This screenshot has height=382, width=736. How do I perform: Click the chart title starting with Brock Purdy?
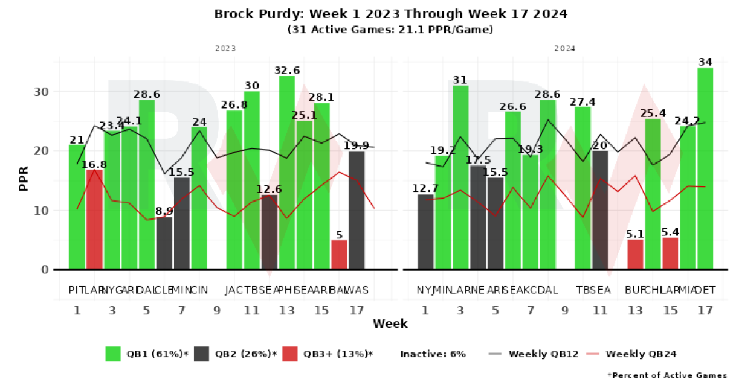click(x=390, y=13)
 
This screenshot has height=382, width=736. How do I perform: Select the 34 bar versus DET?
click(x=705, y=168)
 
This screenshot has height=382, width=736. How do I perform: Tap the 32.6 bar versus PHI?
click(x=286, y=173)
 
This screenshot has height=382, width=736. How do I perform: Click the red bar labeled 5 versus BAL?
click(x=339, y=255)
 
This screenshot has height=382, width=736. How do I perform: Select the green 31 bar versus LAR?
click(x=460, y=177)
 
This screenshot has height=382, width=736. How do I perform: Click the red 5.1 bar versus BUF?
click(x=635, y=255)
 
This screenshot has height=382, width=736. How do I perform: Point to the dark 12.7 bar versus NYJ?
click(x=425, y=232)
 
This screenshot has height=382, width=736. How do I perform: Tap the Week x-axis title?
click(x=390, y=324)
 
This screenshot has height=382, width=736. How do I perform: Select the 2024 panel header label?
click(x=566, y=48)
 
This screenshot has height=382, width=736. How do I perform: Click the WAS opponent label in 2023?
click(x=358, y=290)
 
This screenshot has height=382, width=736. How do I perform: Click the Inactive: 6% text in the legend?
click(x=433, y=354)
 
